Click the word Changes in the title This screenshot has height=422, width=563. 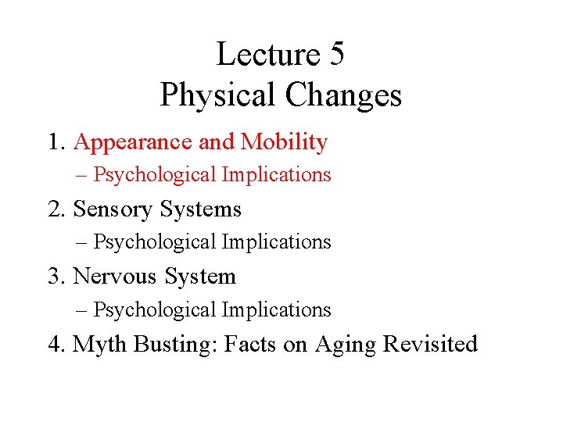343,95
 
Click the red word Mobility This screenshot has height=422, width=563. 284,142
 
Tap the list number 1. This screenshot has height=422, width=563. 54,142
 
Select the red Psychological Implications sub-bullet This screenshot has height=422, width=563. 212,175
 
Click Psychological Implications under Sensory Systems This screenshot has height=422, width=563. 212,242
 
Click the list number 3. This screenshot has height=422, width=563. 54,277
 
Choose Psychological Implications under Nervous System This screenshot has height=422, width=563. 212,310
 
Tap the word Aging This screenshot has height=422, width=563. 346,344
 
